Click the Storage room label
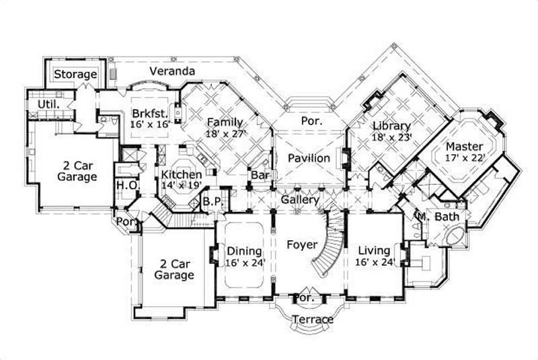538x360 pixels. coord(75,74)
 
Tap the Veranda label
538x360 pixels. coord(172,71)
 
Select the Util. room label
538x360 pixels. coord(48,105)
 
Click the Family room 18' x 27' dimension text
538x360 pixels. coord(225,134)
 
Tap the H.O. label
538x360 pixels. coord(127,185)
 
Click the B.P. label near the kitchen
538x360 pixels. coord(211,201)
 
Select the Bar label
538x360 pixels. coord(260,176)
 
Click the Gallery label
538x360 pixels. coord(300,201)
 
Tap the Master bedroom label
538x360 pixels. coord(463,146)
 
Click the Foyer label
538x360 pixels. coord(301,244)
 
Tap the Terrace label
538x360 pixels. coord(313,319)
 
